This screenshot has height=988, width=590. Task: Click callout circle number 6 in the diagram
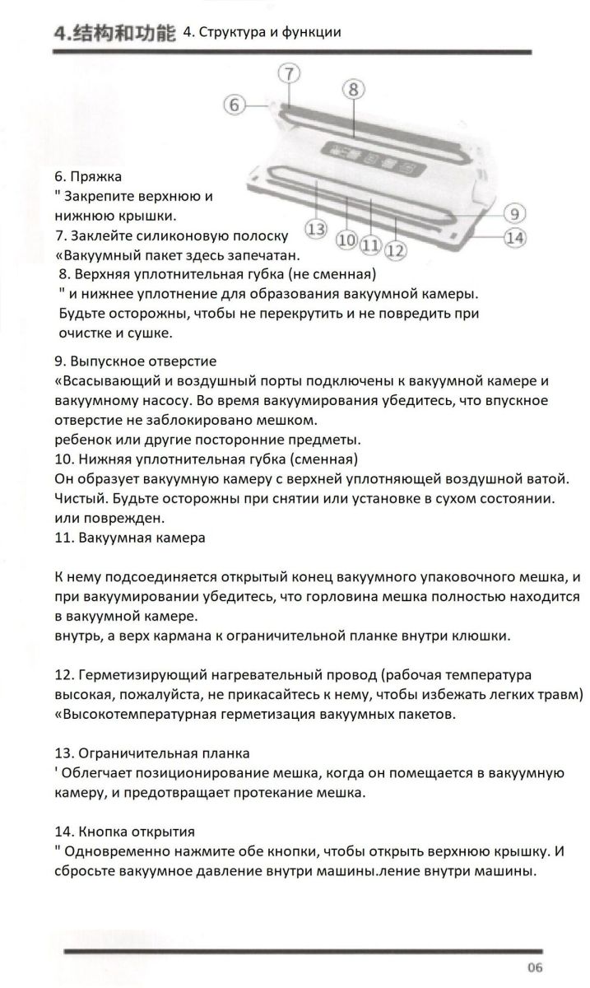tap(235, 105)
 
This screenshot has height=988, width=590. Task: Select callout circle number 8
tap(352, 88)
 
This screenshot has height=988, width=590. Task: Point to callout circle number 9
tap(513, 213)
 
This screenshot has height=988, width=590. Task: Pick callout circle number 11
tap(370, 244)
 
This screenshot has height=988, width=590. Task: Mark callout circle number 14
tap(514, 238)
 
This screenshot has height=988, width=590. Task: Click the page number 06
tap(535, 967)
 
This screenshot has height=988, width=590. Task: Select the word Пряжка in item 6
tap(96, 176)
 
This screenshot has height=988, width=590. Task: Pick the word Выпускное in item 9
tap(105, 361)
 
